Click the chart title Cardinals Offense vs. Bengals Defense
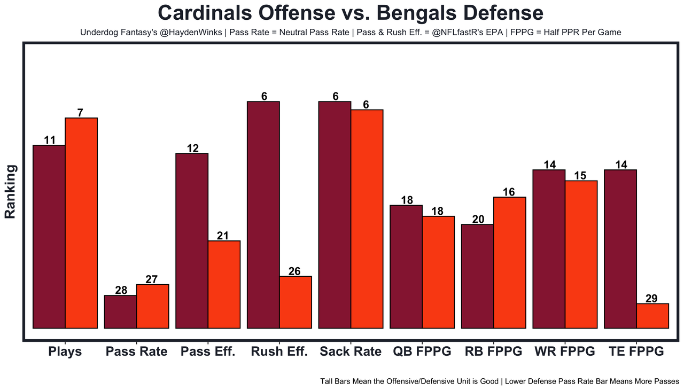coord(351,13)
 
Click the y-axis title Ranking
coord(10,192)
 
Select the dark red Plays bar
coord(49,236)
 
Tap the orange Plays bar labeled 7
coord(81,223)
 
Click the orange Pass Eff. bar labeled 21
coord(224,284)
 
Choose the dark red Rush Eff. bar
coord(263,214)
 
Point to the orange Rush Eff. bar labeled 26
coord(296,302)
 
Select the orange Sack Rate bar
coord(367,219)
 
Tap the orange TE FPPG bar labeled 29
coord(652,316)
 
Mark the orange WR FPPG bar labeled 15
coord(581,254)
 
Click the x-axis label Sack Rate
coord(351,352)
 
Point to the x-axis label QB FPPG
coord(422,352)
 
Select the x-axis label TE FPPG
coord(636,352)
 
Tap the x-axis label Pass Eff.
coord(208,352)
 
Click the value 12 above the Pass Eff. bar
coord(193,149)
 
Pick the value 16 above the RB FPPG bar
coord(509,192)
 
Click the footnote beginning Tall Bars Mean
coord(500,381)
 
